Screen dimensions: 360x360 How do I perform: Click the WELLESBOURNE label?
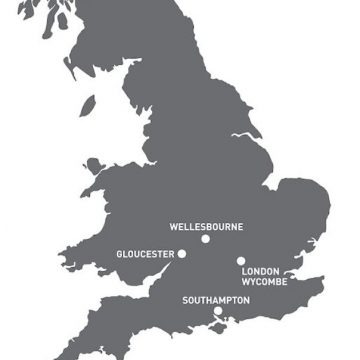point(206,227)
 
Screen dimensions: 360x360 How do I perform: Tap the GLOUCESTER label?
point(145,254)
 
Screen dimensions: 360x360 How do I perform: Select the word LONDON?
point(260,270)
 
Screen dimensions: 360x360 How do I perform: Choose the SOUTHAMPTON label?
point(216,300)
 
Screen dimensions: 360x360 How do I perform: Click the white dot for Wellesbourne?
point(206,239)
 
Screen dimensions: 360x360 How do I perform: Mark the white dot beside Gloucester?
point(182,254)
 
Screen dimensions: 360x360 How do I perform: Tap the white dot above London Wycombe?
point(241,261)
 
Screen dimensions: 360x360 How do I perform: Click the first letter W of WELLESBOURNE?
point(174,227)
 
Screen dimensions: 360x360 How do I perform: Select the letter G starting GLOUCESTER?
point(119,254)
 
